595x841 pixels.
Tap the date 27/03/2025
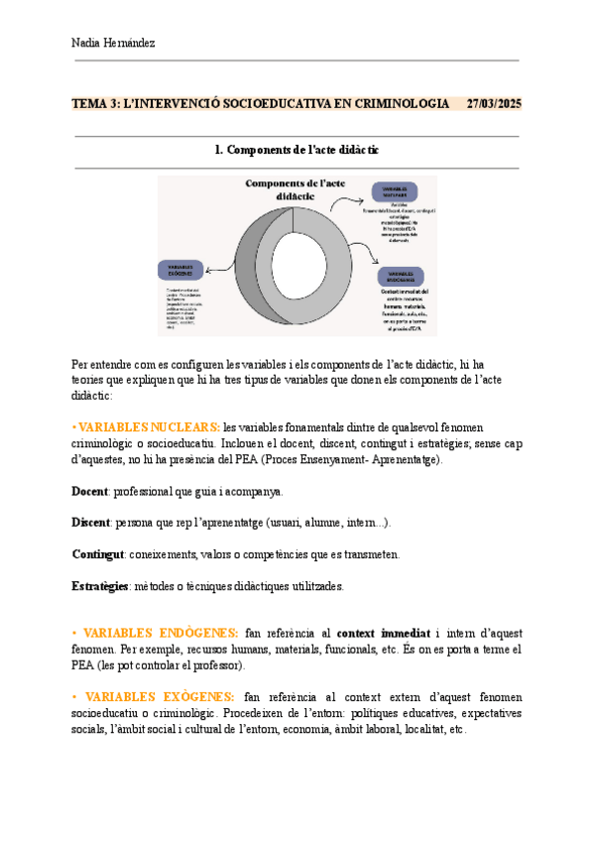click(494, 104)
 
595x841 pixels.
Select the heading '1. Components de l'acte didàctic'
click(297, 150)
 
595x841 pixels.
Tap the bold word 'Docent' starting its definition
click(91, 491)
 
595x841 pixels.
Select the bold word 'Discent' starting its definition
click(92, 523)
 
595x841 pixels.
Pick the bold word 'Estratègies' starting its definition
click(102, 586)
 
